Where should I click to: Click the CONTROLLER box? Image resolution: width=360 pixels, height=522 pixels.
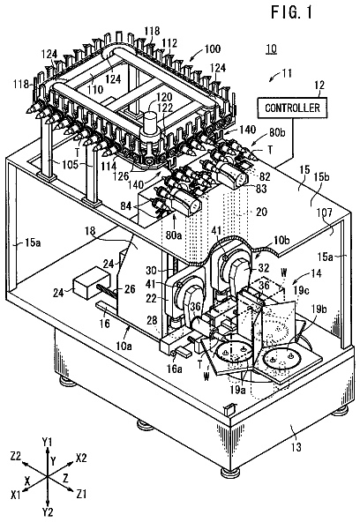coord(292,108)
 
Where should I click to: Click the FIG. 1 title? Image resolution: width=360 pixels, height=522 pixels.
coord(292,12)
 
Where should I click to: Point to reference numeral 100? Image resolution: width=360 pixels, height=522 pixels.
coord(213,49)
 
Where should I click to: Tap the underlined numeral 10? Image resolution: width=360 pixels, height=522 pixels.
coord(272,49)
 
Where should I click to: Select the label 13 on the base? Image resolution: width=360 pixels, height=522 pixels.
coord(296,446)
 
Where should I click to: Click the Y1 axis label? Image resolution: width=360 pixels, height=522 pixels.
coord(48,442)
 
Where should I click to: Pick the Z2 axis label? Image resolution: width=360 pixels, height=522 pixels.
coord(15,456)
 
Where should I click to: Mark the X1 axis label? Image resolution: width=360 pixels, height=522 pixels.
coord(16,495)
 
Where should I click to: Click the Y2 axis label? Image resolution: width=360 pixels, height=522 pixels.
coord(48,511)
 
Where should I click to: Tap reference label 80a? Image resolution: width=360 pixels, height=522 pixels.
coord(174,235)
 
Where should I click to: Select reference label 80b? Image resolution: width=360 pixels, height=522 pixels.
coord(277,133)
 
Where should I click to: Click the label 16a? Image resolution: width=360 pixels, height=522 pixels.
coord(175,369)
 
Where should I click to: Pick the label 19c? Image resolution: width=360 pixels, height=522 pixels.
coord(301,290)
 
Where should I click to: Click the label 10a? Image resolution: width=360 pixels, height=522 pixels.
coord(124,347)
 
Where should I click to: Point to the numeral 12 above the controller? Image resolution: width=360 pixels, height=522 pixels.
coord(319,86)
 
